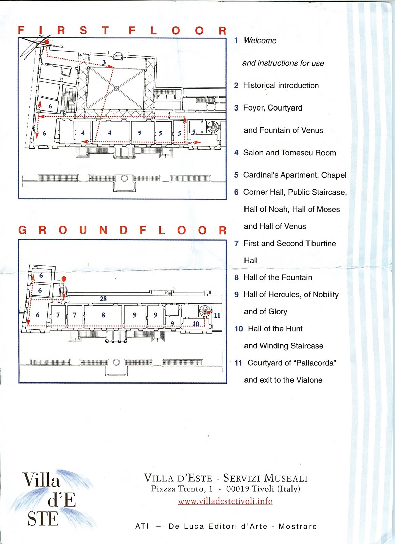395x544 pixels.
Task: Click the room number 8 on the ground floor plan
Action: pyautogui.click(x=103, y=315)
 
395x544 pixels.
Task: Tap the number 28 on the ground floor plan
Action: pyautogui.click(x=103, y=299)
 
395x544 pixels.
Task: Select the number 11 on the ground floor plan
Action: pyautogui.click(x=217, y=315)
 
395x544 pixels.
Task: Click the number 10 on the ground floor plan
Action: pyautogui.click(x=196, y=323)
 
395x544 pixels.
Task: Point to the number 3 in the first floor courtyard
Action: pyautogui.click(x=104, y=62)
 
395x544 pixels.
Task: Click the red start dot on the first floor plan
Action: pyautogui.click(x=46, y=41)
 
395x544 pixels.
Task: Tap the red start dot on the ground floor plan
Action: pyautogui.click(x=64, y=279)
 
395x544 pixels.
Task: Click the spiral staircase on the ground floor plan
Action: pyautogui.click(x=205, y=311)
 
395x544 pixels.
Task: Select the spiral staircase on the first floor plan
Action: pyautogui.click(x=214, y=127)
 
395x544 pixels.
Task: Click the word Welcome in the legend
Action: pyautogui.click(x=260, y=40)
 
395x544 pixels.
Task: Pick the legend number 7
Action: pyautogui.click(x=236, y=243)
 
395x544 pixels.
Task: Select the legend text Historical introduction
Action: pyautogui.click(x=281, y=85)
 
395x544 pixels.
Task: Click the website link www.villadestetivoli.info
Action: pyautogui.click(x=225, y=501)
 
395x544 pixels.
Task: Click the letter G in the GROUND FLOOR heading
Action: pyautogui.click(x=23, y=230)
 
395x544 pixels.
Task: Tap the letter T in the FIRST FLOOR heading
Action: pyautogui.click(x=106, y=31)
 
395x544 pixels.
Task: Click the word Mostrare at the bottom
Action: pyautogui.click(x=298, y=526)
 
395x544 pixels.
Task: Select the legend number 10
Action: pyautogui.click(x=239, y=329)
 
